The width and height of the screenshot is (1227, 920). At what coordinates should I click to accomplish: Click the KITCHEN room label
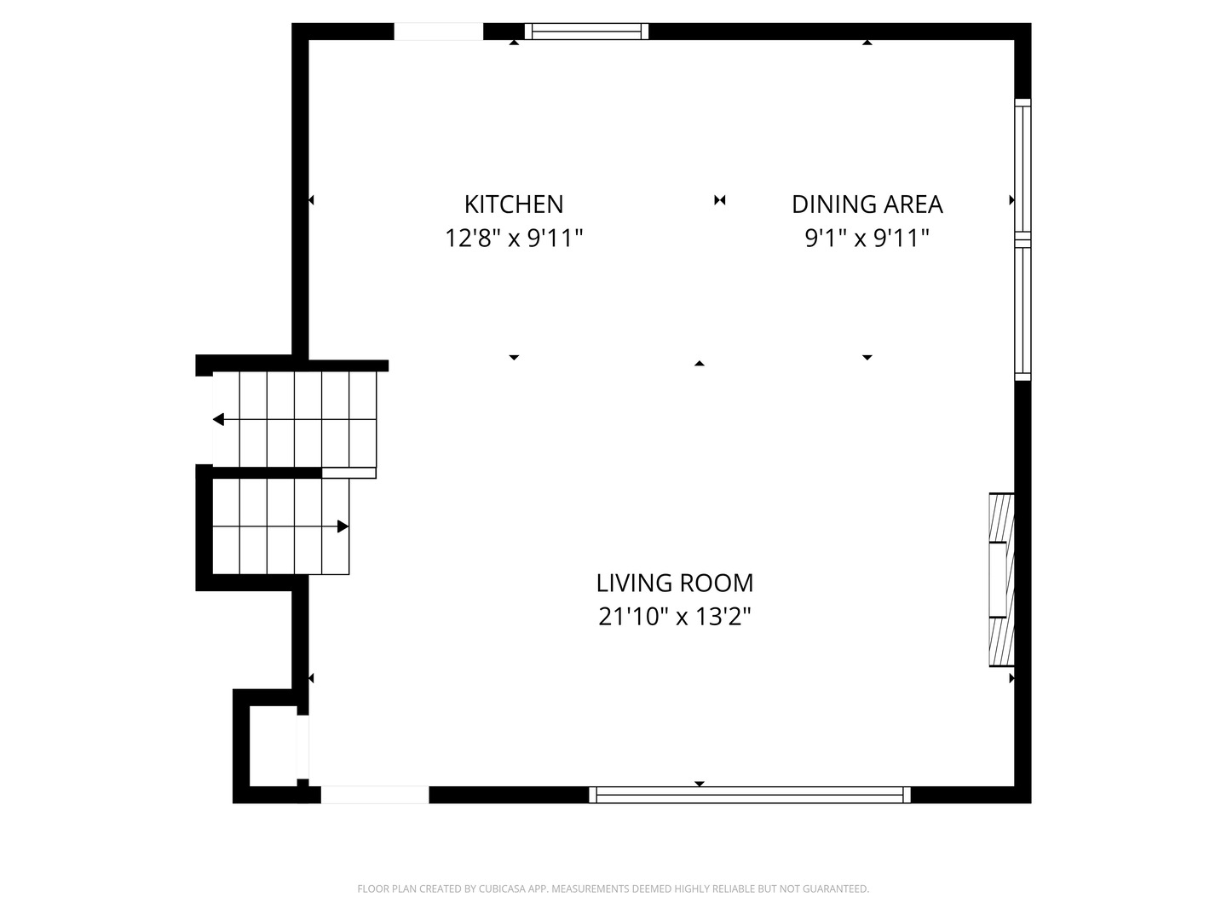pos(513,204)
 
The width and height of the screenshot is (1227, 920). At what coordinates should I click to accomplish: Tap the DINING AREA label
pos(867,204)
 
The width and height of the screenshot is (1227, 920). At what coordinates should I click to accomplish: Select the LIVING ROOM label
pos(674,584)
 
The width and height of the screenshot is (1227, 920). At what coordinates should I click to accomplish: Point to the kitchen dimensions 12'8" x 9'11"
pos(513,239)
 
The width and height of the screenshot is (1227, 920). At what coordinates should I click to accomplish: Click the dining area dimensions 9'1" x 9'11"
pos(867,239)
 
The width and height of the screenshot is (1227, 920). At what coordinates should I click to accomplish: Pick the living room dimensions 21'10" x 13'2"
pos(674,618)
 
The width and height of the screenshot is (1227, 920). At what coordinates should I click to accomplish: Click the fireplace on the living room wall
pos(1001,580)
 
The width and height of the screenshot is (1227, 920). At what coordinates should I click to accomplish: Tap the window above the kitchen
pos(586,32)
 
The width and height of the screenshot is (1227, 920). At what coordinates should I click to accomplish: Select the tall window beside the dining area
pos(1022,239)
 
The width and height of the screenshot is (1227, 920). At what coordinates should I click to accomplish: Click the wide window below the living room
pos(750,794)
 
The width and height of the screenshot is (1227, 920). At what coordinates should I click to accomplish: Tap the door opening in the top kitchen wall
pos(438,32)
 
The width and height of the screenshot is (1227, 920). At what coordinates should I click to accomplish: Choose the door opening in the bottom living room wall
pos(375,794)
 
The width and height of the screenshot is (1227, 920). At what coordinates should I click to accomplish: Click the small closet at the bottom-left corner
pos(273,745)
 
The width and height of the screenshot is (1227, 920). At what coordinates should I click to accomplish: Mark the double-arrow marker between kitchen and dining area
pos(719,200)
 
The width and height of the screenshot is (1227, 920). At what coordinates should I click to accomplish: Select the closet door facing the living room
pos(302,746)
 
